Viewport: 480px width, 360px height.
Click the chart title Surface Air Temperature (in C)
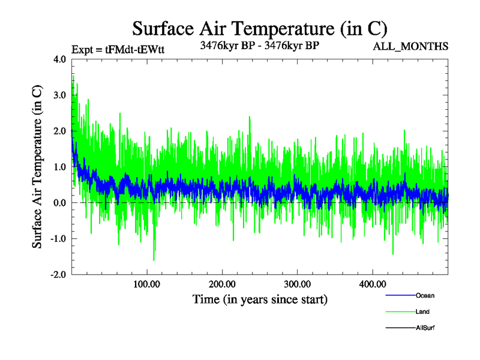(259, 29)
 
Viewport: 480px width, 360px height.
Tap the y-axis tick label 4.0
(60, 59)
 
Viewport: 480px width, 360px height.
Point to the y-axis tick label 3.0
(60, 95)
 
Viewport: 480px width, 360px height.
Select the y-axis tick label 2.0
(60, 131)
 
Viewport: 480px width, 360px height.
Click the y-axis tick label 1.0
(60, 167)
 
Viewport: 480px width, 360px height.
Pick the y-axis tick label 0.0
(60, 203)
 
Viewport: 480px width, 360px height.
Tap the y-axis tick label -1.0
(58, 239)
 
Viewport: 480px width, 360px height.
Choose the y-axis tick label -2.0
(58, 275)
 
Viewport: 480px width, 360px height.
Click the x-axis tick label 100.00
(146, 284)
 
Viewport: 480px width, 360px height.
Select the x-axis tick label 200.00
(222, 284)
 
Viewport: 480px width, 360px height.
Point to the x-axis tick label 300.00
(297, 284)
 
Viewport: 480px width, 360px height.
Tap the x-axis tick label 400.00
(372, 284)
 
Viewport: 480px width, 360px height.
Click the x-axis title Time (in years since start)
(260, 299)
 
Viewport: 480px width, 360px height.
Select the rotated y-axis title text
(37, 167)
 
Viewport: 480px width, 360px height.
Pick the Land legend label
(422, 311)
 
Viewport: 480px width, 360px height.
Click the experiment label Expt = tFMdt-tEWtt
(118, 49)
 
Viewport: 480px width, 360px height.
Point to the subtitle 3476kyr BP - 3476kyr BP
(259, 45)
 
